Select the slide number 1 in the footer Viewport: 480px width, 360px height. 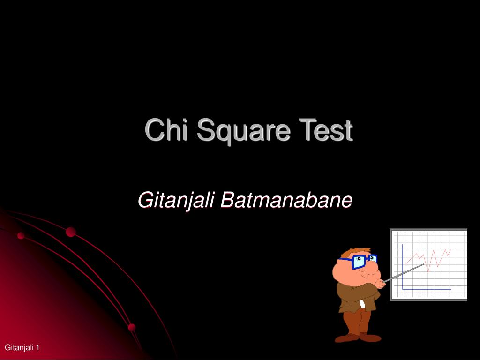point(37,347)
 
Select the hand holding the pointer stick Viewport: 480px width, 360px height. point(381,283)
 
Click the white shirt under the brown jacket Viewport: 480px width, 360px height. point(362,304)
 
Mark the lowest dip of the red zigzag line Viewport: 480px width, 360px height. point(427,271)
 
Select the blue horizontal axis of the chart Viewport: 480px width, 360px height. point(427,289)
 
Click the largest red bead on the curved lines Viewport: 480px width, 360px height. point(71,232)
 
